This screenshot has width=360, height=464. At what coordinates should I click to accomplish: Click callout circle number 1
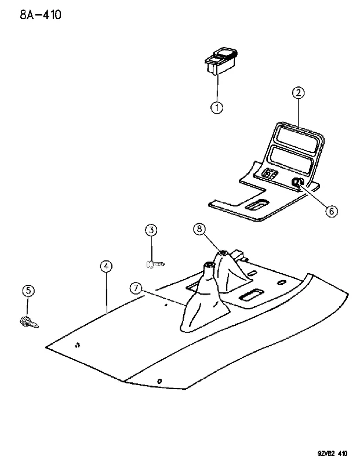tap(217, 107)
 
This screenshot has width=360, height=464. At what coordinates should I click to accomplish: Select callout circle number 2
tap(298, 93)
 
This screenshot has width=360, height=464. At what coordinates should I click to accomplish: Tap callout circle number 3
tap(151, 230)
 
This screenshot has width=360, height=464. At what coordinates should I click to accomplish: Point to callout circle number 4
tap(106, 266)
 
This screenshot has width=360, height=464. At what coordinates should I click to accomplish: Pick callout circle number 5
tap(28, 291)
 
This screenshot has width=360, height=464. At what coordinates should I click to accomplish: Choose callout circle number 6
tap(332, 211)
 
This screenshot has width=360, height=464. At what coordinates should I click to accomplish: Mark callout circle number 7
tap(136, 288)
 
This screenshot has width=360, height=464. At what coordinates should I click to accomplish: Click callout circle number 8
tap(199, 229)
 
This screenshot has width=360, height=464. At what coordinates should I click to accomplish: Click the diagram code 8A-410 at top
tap(41, 14)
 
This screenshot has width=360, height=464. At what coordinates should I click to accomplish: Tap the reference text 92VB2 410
tap(333, 454)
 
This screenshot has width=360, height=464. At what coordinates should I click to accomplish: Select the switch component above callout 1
tap(221, 61)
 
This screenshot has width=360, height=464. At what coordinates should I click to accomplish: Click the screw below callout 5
tap(28, 322)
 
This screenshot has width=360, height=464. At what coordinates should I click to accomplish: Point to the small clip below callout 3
tap(155, 264)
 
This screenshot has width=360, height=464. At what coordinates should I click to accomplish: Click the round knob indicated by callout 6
tap(296, 183)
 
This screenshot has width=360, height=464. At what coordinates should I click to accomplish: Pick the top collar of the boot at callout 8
tap(223, 253)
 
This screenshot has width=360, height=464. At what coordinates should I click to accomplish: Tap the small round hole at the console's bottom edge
tap(159, 381)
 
